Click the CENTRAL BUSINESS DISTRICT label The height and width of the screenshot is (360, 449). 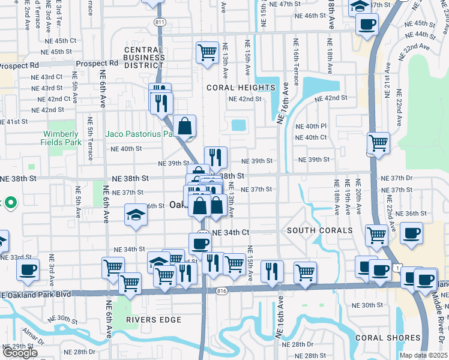click(x=144, y=54)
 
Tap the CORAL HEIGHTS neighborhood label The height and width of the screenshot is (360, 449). click(x=241, y=88)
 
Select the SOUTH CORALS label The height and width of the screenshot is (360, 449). click(x=319, y=230)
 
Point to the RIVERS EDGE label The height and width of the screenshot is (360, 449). click(x=154, y=320)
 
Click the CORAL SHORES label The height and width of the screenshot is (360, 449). click(x=382, y=338)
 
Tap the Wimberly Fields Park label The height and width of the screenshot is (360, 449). click(x=63, y=138)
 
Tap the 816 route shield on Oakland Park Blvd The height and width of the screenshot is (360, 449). click(x=223, y=290)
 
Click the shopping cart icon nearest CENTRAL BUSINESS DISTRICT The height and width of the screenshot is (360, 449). click(x=207, y=52)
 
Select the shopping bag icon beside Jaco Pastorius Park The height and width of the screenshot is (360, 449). click(x=186, y=126)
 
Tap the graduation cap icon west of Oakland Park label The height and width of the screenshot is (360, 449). click(x=136, y=215)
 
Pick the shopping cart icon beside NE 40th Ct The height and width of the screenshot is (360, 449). click(x=379, y=143)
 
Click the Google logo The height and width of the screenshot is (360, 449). click(x=20, y=352)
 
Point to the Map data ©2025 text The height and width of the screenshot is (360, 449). click(x=423, y=355)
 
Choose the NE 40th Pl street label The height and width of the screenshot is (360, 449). click(x=311, y=126)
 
